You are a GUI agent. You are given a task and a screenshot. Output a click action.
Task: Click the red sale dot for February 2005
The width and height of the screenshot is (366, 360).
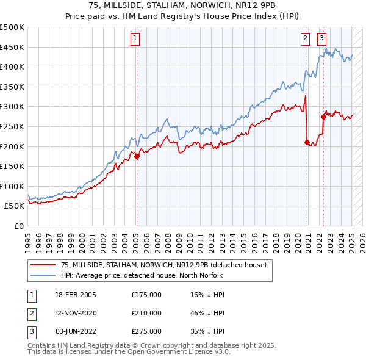coord(137,156)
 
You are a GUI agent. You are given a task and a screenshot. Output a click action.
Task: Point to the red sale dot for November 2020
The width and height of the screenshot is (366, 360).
coord(307,142)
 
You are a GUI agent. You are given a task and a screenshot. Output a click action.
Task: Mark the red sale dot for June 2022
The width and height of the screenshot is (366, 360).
coord(323,117)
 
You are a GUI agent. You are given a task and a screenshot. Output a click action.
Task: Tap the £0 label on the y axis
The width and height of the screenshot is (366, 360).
coord(18,226)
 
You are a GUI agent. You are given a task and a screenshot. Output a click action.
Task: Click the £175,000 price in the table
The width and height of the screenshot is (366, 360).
coord(146,294)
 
